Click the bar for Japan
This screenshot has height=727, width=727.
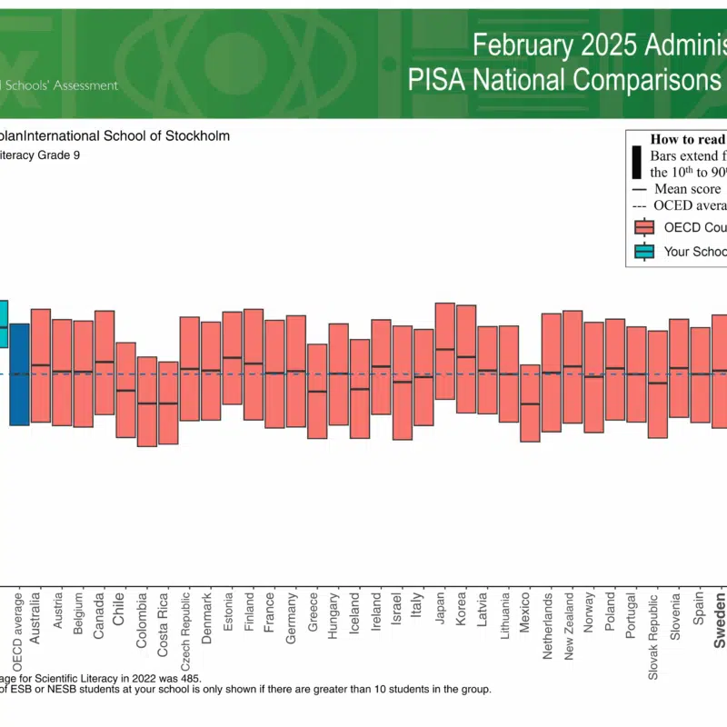pos(445,351)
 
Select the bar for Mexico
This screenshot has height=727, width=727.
pos(530,403)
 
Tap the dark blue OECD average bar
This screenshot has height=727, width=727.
pos(19,374)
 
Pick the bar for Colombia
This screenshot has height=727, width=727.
pos(146,402)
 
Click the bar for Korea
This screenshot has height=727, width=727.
pos(466,359)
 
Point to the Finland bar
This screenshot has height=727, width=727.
pos(254,364)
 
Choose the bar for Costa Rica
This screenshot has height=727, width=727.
pos(168,403)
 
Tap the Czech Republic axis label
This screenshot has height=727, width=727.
pos(185,628)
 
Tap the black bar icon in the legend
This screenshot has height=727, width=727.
pos(637,159)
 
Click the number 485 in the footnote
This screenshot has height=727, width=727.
pos(189,678)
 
